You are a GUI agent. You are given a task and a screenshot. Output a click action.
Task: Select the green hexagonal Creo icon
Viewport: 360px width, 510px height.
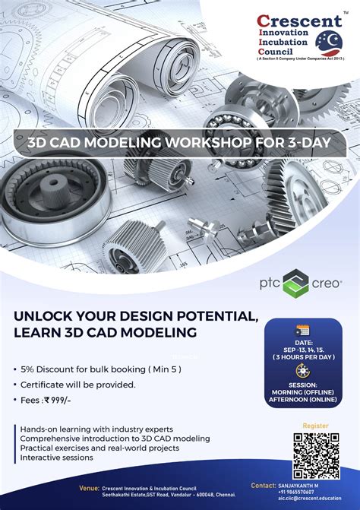[x=295, y=283]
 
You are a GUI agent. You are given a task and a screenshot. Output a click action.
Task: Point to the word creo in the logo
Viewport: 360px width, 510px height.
[x=327, y=284]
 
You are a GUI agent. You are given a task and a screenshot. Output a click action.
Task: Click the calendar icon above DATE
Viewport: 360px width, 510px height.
[x=302, y=330]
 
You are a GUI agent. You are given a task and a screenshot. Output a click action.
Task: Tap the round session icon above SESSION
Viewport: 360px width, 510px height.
[x=302, y=371]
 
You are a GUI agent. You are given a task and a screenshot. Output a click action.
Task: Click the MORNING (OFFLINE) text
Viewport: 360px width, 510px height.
[x=302, y=391]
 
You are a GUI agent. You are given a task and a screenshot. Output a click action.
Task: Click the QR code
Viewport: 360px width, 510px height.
[x=316, y=456]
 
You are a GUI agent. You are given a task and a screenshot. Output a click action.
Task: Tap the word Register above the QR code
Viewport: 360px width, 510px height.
[x=315, y=427]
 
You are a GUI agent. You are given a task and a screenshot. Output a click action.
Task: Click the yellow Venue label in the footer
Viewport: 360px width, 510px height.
[x=89, y=487]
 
